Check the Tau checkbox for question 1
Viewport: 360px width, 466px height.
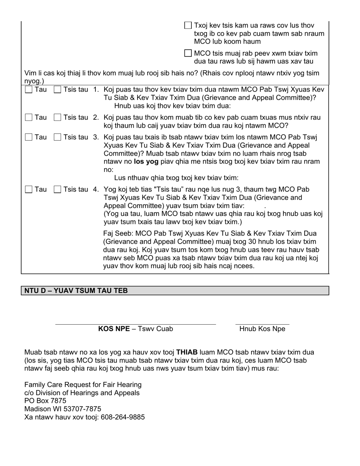(x=29, y=90)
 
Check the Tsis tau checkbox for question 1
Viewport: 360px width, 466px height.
(x=58, y=90)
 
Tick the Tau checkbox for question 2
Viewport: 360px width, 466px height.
(x=29, y=118)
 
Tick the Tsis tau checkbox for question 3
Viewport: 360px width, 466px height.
(x=58, y=137)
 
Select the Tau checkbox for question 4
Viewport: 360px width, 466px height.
(x=29, y=189)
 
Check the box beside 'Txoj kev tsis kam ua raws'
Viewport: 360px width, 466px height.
(x=188, y=25)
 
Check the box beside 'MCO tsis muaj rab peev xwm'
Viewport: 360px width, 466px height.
(x=188, y=53)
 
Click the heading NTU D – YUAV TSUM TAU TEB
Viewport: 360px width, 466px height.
(x=76, y=291)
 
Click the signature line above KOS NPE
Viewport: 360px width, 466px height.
(x=135, y=324)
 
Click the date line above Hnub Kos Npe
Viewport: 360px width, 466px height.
(x=262, y=324)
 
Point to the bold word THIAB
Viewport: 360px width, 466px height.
(x=187, y=352)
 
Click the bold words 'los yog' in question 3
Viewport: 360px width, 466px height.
(x=146, y=161)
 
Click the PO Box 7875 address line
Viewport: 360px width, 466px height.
(x=45, y=401)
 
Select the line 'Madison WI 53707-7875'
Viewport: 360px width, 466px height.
(x=63, y=409)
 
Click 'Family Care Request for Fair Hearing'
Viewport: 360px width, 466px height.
(x=83, y=385)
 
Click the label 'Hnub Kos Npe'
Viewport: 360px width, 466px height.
(x=262, y=329)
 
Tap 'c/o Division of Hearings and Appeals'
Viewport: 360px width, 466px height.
(x=82, y=393)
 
